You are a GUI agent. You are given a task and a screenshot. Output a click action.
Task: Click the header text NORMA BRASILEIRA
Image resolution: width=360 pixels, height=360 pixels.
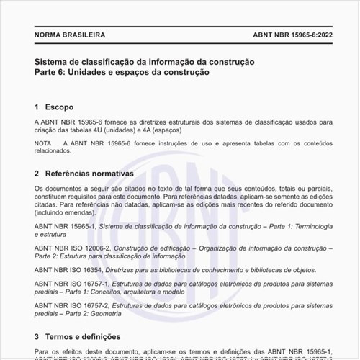tap(70, 35)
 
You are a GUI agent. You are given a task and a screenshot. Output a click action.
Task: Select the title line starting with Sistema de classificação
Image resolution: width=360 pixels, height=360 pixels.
tap(144, 62)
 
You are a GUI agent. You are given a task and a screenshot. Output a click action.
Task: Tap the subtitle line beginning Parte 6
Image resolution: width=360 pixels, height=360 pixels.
tap(122, 73)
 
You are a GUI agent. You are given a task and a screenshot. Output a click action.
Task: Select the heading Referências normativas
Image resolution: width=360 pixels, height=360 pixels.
tap(89, 174)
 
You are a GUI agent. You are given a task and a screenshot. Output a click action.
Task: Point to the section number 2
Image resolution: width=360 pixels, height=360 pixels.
tap(37, 174)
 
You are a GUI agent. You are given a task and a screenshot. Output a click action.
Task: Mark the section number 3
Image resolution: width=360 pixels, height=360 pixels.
tap(37, 336)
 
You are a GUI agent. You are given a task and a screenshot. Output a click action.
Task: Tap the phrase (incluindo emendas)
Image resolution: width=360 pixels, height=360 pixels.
tap(70, 214)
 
